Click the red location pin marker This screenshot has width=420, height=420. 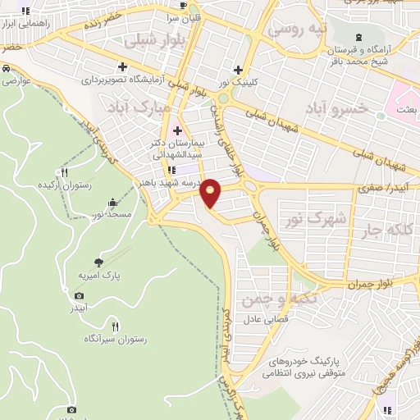pyautogui.click(x=212, y=191)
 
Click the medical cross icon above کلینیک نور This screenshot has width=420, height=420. pyautogui.click(x=238, y=70)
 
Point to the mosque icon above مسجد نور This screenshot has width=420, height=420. pyautogui.click(x=112, y=202)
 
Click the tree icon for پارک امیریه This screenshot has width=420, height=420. pyautogui.click(x=99, y=262)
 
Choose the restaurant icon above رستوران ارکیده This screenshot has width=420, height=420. pyautogui.click(x=64, y=172)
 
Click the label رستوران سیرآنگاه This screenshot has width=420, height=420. pyautogui.click(x=116, y=338)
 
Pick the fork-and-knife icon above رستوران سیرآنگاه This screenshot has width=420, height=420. pyautogui.click(x=115, y=325)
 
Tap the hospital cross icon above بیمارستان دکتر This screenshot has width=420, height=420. pyautogui.click(x=177, y=130)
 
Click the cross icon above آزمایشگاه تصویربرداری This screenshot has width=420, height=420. pyautogui.click(x=122, y=66)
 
